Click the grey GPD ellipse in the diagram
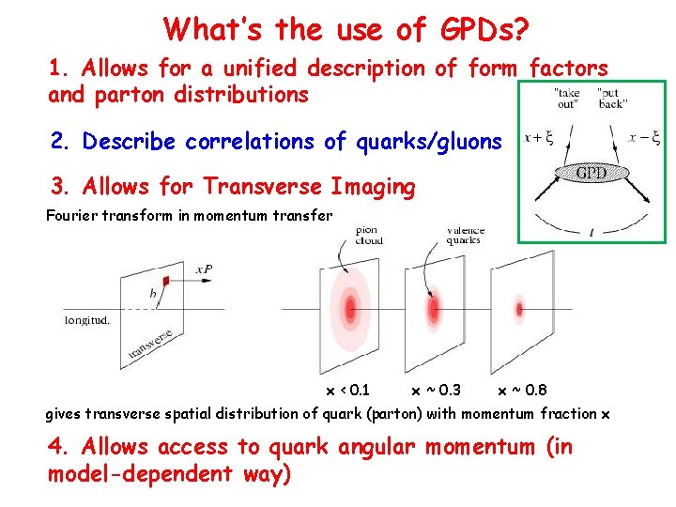point(591,173)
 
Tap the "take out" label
point(568,98)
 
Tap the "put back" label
point(613,98)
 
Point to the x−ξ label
point(644,138)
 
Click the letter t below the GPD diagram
point(591,232)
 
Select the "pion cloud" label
point(369,235)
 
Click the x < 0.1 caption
point(347,390)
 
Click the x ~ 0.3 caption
point(436,390)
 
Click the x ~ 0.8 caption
point(522,390)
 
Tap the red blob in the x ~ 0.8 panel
point(519,307)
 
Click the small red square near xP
point(166,280)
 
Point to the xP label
point(205,269)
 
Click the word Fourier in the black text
point(71,215)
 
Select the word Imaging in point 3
point(371,187)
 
